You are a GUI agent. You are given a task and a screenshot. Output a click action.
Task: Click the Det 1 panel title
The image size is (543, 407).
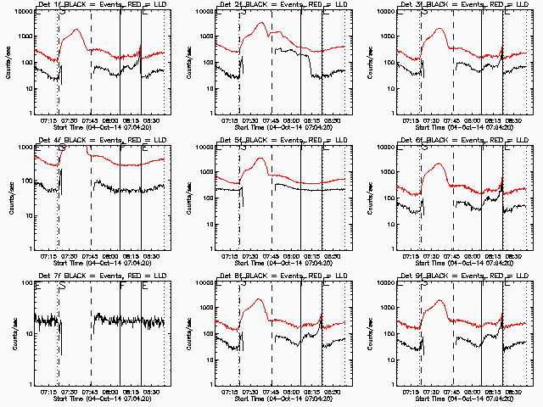tap(101, 6)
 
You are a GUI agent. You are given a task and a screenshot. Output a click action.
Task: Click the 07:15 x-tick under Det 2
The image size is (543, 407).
tap(231, 120)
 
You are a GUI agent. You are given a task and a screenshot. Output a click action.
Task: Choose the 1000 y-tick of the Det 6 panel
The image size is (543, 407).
tap(387, 172)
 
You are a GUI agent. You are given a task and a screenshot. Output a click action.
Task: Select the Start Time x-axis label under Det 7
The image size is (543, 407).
tap(101, 398)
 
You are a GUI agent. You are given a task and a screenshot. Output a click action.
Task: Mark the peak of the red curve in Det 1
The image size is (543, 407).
tap(78, 30)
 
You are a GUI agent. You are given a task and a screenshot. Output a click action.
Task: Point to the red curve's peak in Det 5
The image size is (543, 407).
tap(261, 158)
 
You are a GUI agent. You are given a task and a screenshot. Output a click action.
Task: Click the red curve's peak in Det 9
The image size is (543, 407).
tap(439, 299)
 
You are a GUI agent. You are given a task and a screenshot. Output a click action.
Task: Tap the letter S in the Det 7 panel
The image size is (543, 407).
tap(61, 283)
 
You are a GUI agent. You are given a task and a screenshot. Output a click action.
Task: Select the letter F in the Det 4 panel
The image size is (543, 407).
tap(122, 148)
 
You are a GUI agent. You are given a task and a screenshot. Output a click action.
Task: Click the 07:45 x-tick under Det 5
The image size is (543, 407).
tap(271, 255)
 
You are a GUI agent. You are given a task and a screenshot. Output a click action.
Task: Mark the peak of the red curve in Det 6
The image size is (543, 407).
tap(439, 164)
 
